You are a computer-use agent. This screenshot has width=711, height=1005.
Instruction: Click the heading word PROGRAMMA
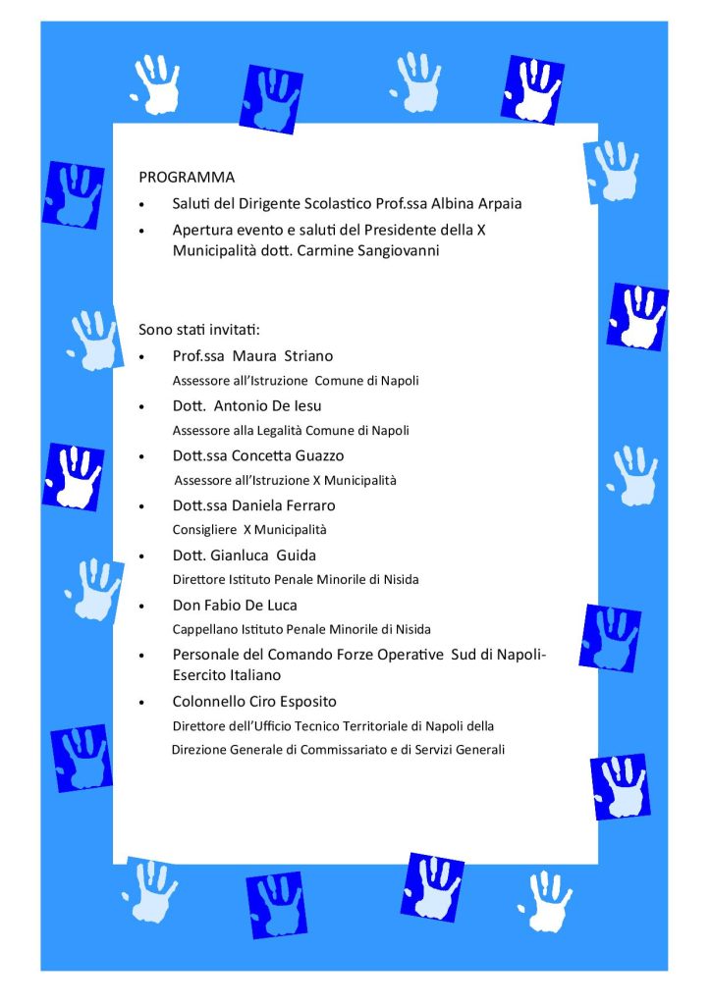tap(187, 178)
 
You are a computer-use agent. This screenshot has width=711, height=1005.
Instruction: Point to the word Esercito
tap(199, 676)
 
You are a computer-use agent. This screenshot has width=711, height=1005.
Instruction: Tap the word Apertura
tap(203, 230)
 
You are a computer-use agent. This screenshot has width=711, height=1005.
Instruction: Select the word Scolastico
tap(311, 204)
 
